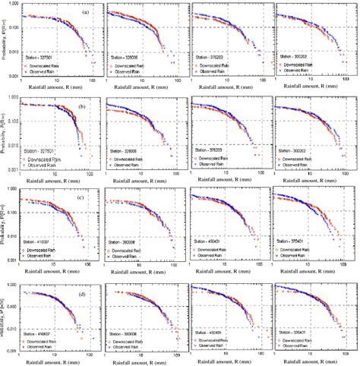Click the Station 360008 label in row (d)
127,333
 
